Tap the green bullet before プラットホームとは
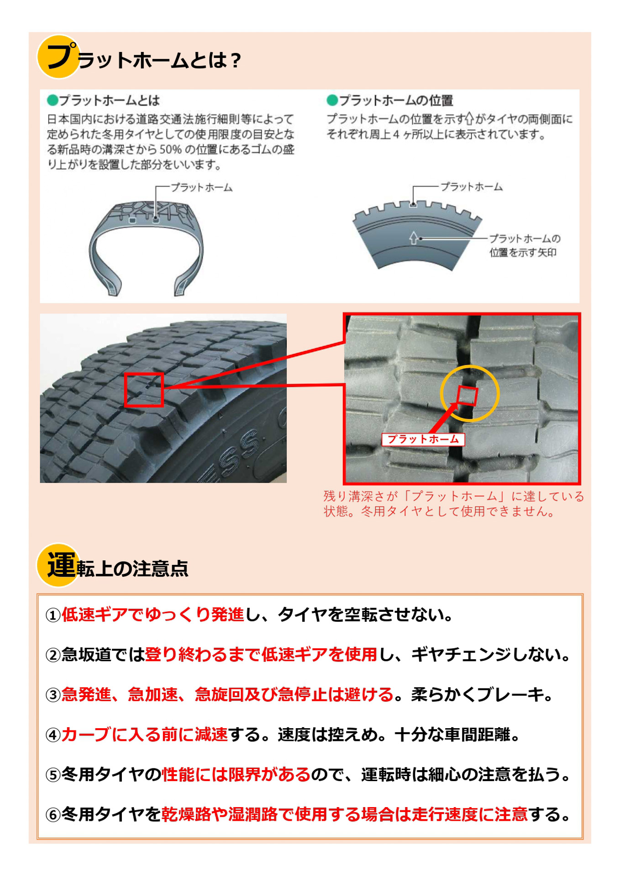point(53,100)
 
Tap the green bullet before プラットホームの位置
point(332,100)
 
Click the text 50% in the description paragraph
point(170,150)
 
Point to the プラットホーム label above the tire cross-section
point(201,188)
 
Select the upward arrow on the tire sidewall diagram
point(413,238)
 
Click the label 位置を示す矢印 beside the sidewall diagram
point(523,253)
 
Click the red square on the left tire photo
point(144,390)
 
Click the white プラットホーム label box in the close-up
point(423,439)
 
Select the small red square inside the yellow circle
point(467,396)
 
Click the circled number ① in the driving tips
point(53,615)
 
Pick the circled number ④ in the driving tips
point(53,735)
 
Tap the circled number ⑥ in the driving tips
point(53,815)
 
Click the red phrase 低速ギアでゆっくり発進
point(153,615)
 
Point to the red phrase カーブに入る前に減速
point(144,734)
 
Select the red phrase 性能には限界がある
point(236,774)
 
